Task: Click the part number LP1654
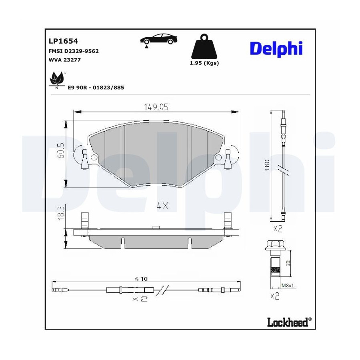63,41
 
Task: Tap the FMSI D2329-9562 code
74,51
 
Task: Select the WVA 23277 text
64,60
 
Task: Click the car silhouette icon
159,40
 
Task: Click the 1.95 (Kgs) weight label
204,63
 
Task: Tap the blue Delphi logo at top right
276,48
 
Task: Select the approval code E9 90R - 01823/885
96,88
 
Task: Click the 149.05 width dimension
156,107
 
